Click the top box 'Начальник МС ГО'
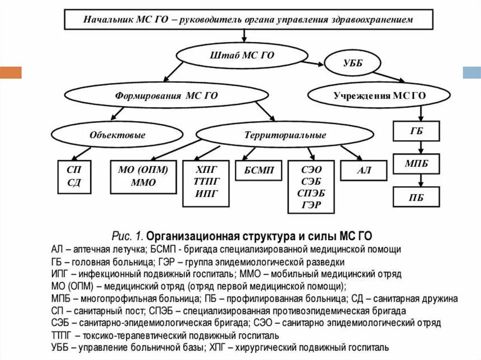pyautogui.click(x=248, y=19)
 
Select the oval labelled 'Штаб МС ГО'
pyautogui.click(x=241, y=55)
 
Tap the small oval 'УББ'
pyautogui.click(x=350, y=63)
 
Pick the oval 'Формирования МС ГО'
pyautogui.click(x=166, y=96)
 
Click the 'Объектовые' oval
pyautogui.click(x=117, y=135)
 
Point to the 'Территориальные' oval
pyautogui.click(x=285, y=135)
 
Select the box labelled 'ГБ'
pyautogui.click(x=417, y=131)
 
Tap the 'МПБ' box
pyautogui.click(x=417, y=164)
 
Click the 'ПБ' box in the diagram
pyautogui.click(x=417, y=197)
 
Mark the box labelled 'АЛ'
pyautogui.click(x=364, y=170)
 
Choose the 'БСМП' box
pyautogui.click(x=259, y=170)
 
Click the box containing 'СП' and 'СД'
pyautogui.click(x=74, y=176)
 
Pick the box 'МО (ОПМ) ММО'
pyautogui.click(x=143, y=176)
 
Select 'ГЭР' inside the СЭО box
pyautogui.click(x=311, y=205)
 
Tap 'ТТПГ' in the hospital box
pyautogui.click(x=206, y=181)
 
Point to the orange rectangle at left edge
pyautogui.click(x=11, y=72)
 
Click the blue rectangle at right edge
pyautogui.click(x=472, y=72)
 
